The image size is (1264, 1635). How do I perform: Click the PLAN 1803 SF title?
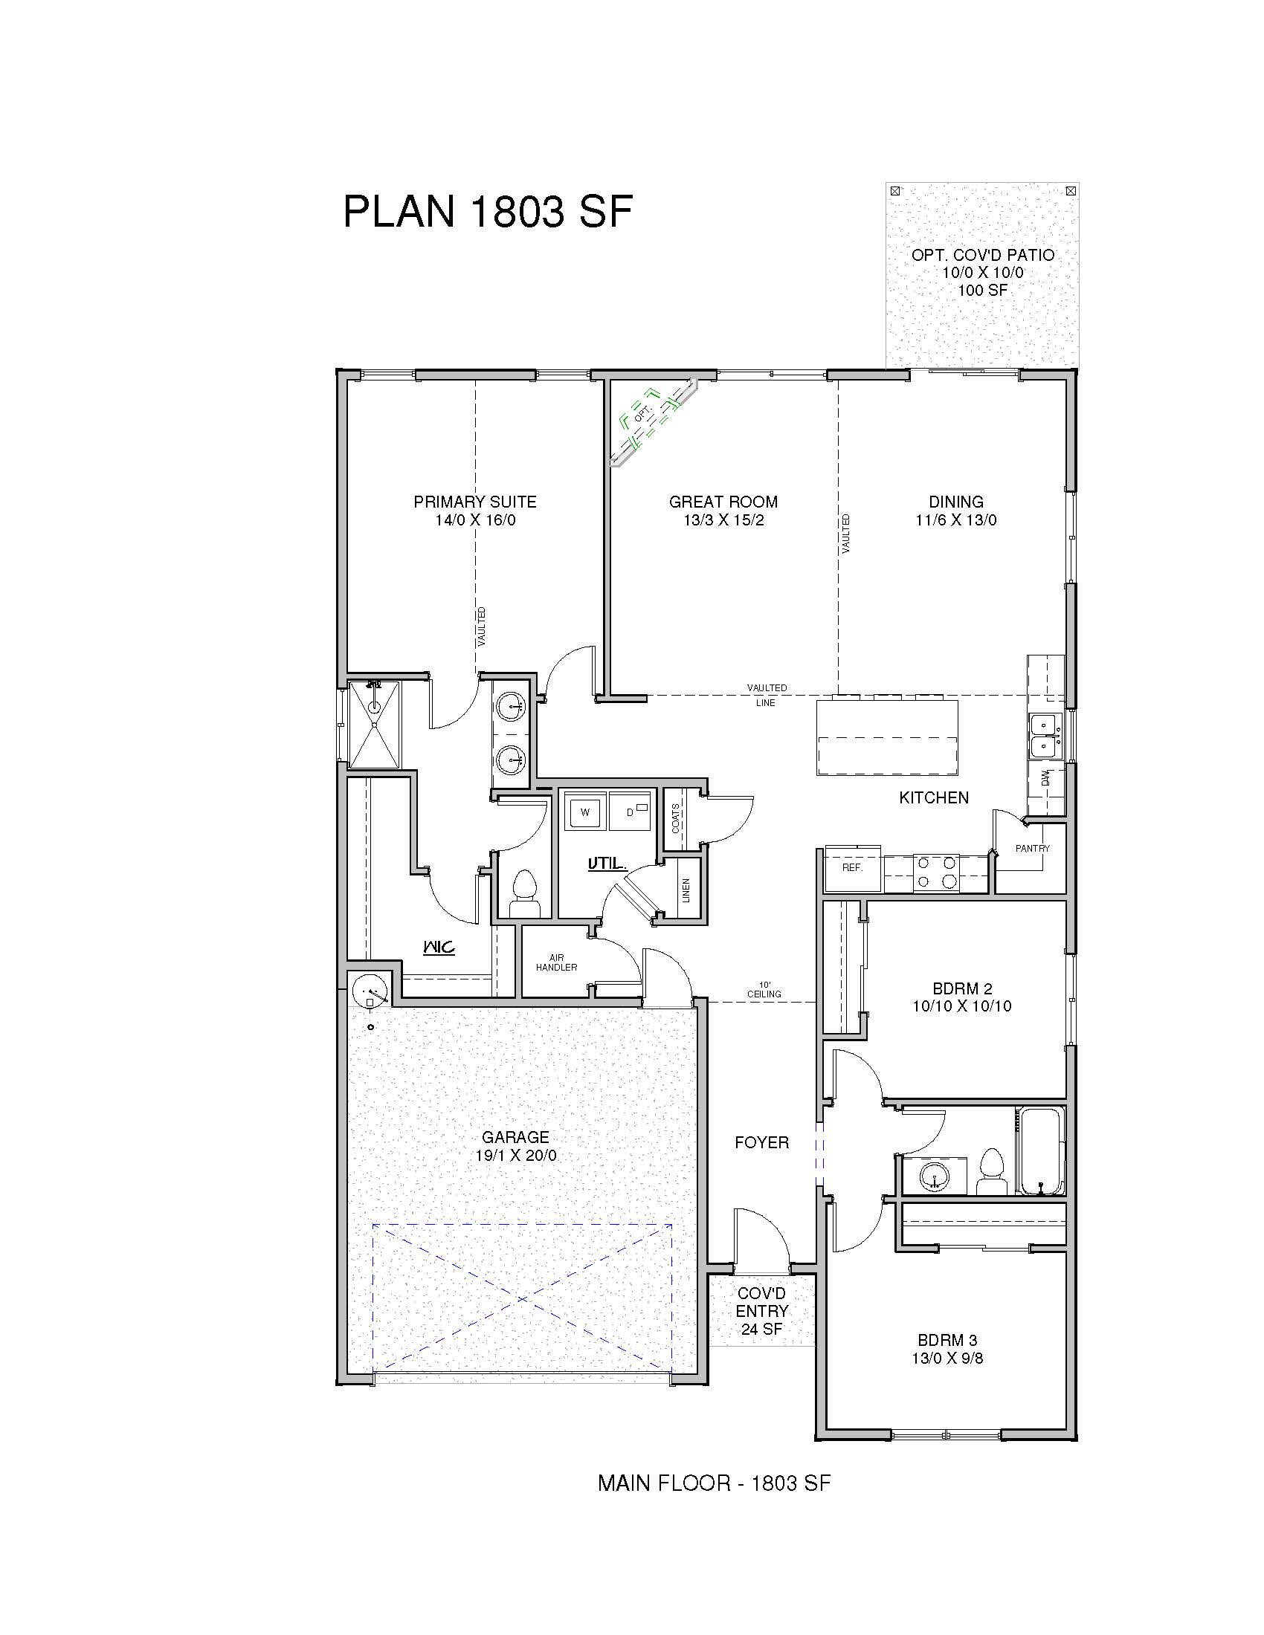click(488, 211)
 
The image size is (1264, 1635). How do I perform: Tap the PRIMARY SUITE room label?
click(475, 511)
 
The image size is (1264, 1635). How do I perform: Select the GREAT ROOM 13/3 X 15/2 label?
click(723, 511)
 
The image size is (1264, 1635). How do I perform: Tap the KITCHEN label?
click(934, 798)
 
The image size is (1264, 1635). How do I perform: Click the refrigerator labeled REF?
click(853, 867)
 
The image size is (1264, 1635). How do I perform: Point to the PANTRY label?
click(1033, 848)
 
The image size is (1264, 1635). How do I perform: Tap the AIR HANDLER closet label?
click(556, 962)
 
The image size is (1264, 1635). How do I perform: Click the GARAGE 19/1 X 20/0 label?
click(515, 1146)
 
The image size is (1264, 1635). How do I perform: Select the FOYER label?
click(761, 1142)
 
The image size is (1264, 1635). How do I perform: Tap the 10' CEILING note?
click(764, 989)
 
